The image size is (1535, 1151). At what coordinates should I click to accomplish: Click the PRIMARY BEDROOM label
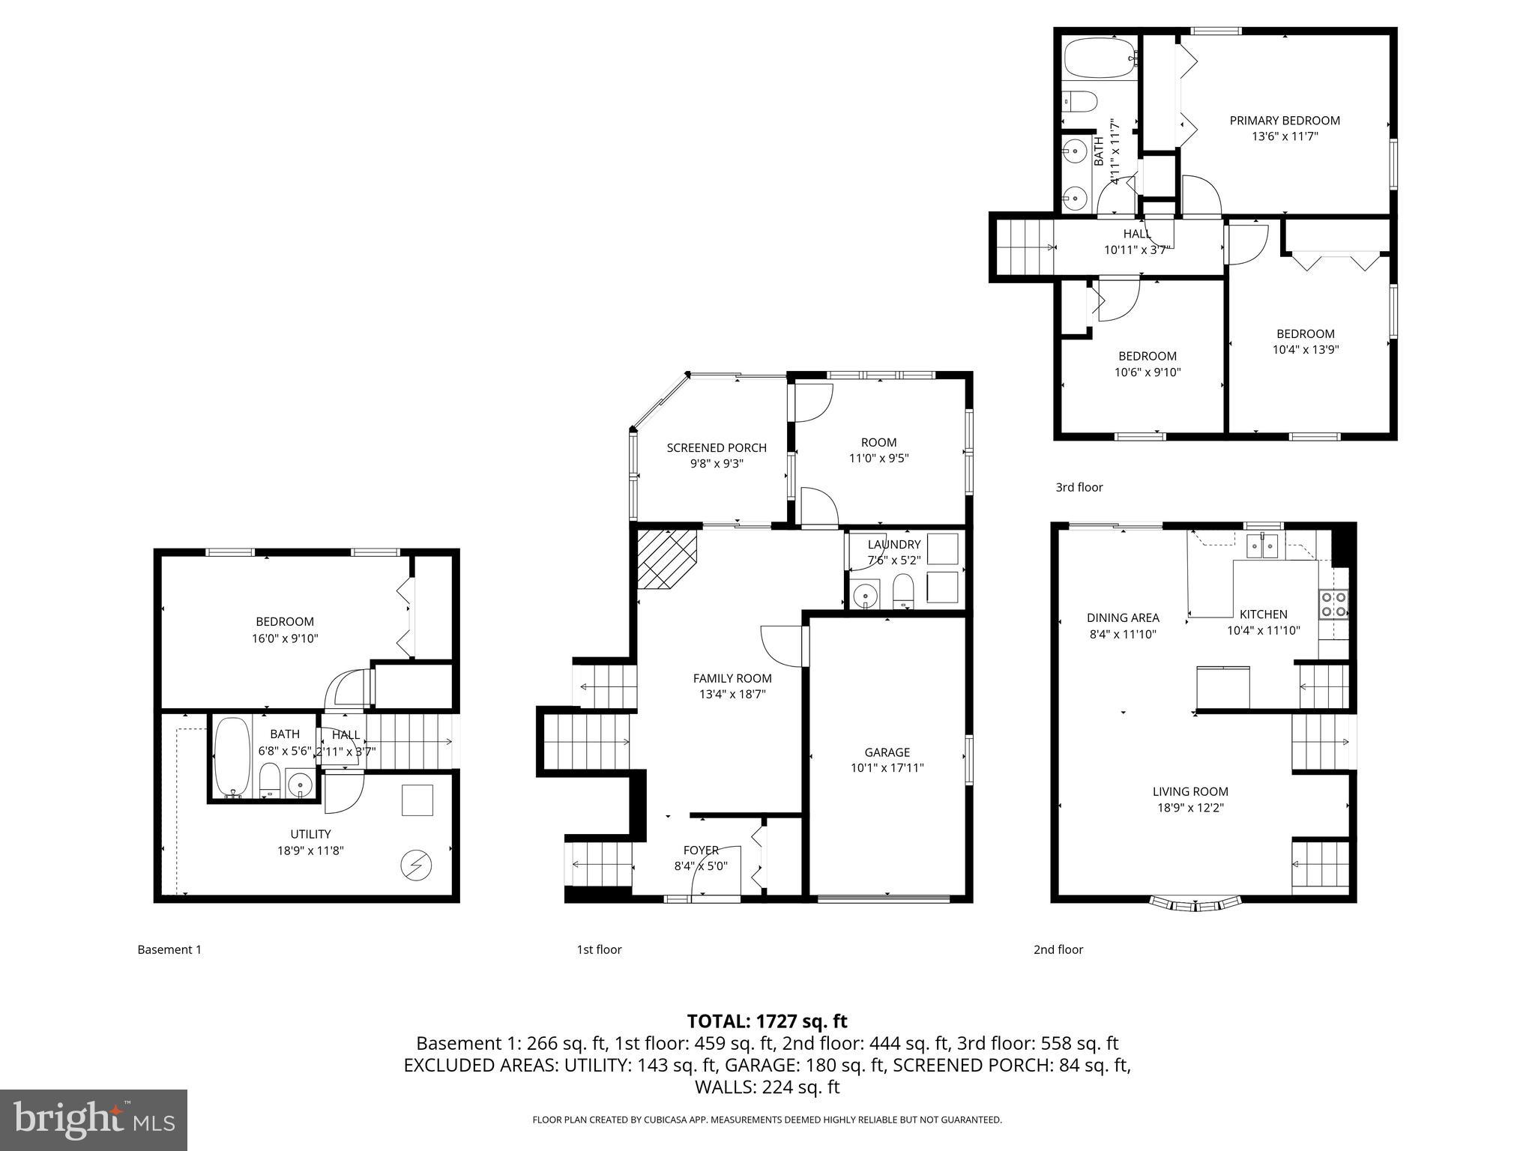[x=1284, y=121]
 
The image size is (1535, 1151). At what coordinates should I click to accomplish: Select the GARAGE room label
[x=887, y=752]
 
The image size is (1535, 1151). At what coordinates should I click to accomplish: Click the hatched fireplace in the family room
[x=665, y=558]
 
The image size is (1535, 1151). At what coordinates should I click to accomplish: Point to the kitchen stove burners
[x=1333, y=605]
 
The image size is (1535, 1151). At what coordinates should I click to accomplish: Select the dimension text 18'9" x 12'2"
[x=1190, y=808]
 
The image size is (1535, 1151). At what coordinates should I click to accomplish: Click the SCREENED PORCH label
[x=717, y=448]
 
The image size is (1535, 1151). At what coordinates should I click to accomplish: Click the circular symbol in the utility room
[x=416, y=865]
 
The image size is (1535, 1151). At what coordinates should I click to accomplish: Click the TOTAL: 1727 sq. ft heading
[x=767, y=1021]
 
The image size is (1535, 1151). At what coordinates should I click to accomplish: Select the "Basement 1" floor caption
[x=169, y=949]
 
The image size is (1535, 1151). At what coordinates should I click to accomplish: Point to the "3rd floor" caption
[x=1079, y=487]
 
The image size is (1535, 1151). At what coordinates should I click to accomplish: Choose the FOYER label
[x=701, y=850]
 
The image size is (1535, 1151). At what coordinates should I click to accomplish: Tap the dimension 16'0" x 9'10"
[x=285, y=638]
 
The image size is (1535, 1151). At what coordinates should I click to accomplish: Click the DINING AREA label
[x=1123, y=617]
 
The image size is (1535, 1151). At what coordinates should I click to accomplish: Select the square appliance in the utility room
[x=417, y=800]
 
